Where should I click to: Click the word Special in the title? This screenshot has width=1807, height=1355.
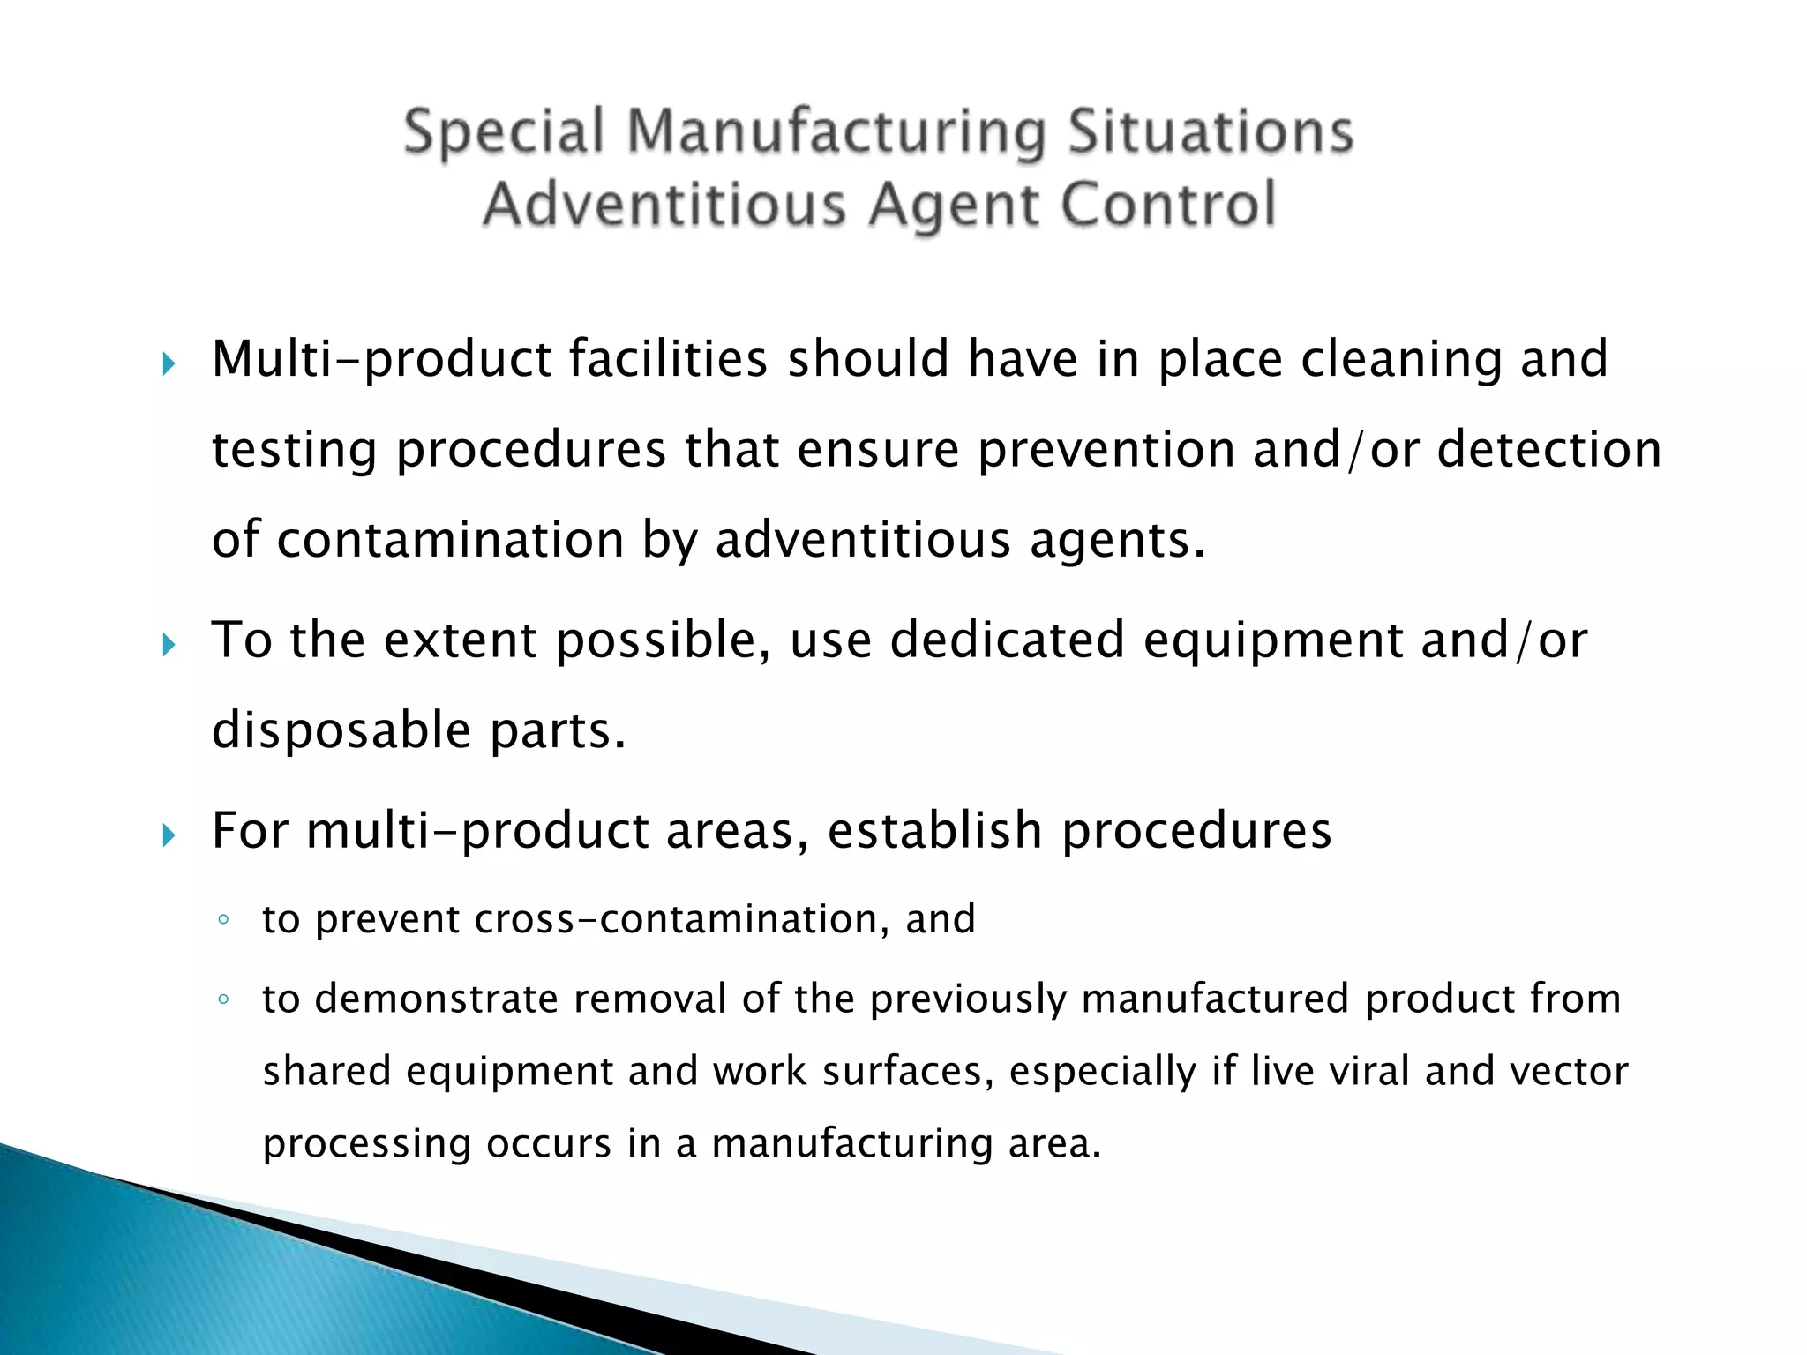(x=504, y=132)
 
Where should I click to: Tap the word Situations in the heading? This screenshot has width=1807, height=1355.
(x=1211, y=132)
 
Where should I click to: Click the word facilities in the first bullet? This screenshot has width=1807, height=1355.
(x=668, y=359)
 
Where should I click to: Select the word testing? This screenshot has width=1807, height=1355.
(x=294, y=451)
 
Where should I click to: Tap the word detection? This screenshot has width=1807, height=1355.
(x=1549, y=449)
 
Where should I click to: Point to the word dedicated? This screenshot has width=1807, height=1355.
(x=1007, y=640)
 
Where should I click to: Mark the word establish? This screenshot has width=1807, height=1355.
(x=935, y=831)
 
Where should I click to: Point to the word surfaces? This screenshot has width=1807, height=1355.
(x=902, y=1072)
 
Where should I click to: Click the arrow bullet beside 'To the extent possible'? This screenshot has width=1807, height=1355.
(x=169, y=646)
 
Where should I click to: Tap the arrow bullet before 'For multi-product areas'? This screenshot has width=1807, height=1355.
(x=169, y=835)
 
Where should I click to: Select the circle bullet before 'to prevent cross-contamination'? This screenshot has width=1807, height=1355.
(x=223, y=920)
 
